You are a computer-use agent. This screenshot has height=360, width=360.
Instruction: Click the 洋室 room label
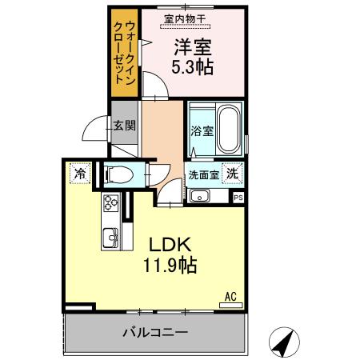click(194, 47)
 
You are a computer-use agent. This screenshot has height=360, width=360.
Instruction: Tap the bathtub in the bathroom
click(228, 130)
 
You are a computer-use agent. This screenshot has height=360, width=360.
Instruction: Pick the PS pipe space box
click(238, 197)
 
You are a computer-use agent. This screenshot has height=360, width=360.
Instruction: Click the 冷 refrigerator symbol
click(80, 172)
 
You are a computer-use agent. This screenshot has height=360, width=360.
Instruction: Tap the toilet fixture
click(119, 173)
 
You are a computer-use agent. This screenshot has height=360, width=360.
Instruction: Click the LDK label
click(170, 246)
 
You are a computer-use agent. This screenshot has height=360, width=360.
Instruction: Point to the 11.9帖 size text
click(170, 265)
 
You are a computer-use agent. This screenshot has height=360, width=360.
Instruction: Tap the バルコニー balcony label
click(155, 331)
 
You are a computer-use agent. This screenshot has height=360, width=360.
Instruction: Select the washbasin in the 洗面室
click(199, 196)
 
